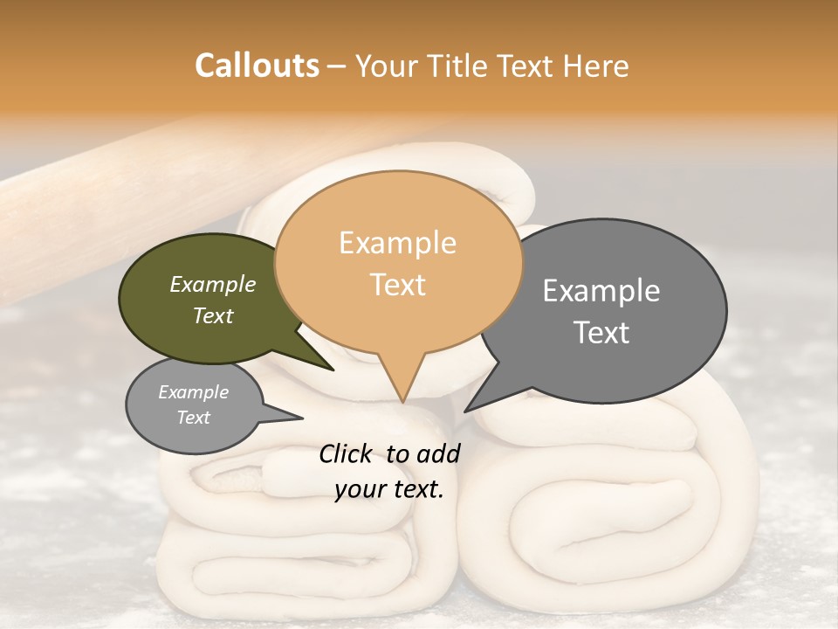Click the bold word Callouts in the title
(x=257, y=66)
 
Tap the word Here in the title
(x=597, y=66)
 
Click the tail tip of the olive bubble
(x=333, y=370)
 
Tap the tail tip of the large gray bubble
(x=465, y=411)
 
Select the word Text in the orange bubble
(x=398, y=285)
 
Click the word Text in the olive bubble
(x=213, y=316)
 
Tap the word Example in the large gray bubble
(x=601, y=290)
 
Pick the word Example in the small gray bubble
(x=194, y=392)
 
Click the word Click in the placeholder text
(x=346, y=453)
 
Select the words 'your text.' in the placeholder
(x=389, y=489)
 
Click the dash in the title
(x=336, y=66)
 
